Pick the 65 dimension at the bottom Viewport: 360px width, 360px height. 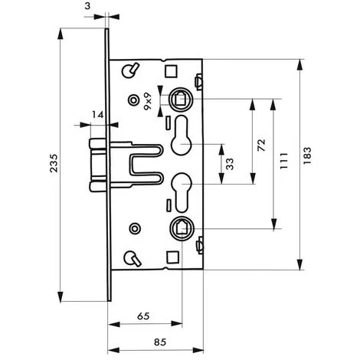tap(142, 315)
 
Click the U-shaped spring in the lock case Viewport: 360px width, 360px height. tap(142, 161)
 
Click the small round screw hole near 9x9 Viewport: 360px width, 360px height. tap(135, 99)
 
